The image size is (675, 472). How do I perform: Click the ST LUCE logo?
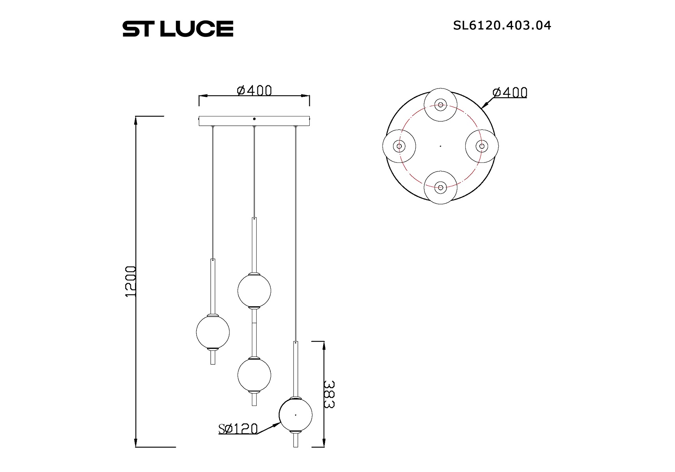pos(178,29)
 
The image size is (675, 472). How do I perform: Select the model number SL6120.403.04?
pos(502,26)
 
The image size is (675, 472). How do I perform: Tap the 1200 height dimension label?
pos(130,281)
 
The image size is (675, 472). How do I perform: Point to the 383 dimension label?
pos(329,395)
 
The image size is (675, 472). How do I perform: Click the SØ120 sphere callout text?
pos(238,429)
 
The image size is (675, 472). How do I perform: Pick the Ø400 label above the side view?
pos(254,90)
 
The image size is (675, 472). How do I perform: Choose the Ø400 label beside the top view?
pos(510,92)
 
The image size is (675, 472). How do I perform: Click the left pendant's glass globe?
pos(213,332)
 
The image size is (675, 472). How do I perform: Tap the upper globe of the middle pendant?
pos(254,290)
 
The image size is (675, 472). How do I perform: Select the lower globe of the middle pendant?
pos(254,375)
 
